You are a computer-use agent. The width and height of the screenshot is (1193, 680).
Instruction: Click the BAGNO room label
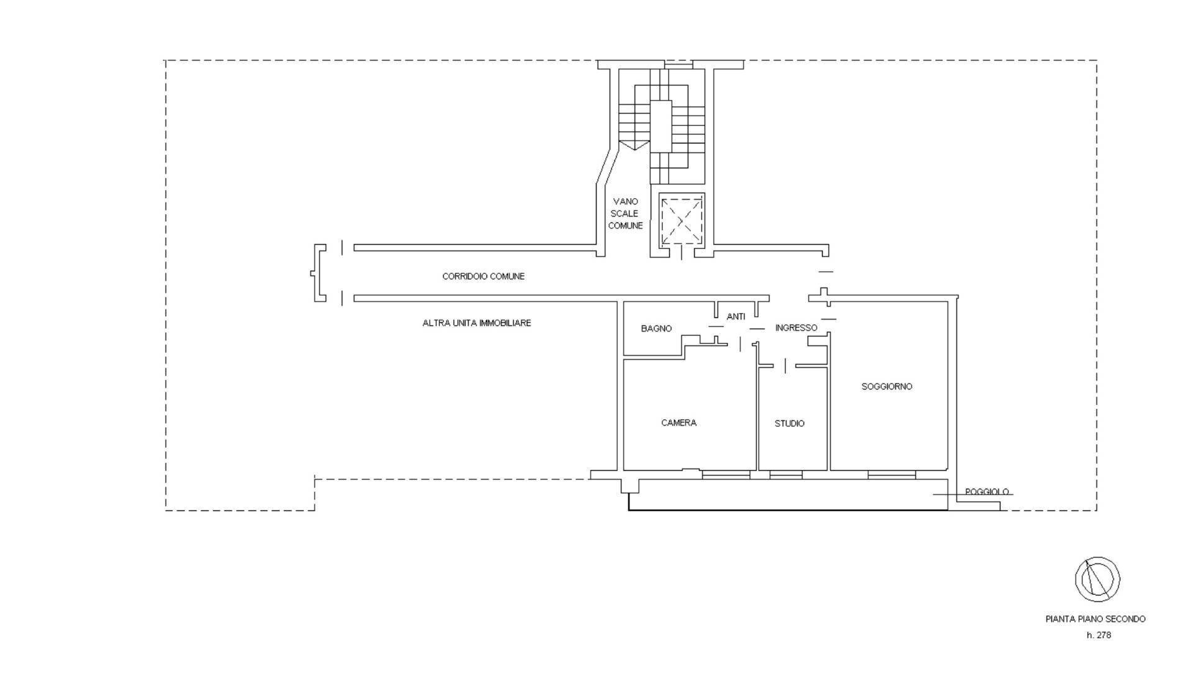pyautogui.click(x=656, y=329)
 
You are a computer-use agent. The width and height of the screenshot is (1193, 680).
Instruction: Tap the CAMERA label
pyautogui.click(x=679, y=423)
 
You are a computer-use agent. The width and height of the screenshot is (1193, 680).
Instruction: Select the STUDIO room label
pyautogui.click(x=789, y=424)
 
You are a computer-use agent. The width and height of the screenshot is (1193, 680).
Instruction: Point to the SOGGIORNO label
pyautogui.click(x=887, y=386)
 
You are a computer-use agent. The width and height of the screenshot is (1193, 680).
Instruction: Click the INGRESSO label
pyautogui.click(x=796, y=328)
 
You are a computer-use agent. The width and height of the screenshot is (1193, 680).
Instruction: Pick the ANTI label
pyautogui.click(x=736, y=317)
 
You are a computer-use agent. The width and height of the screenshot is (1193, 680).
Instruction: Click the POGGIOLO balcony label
pyautogui.click(x=987, y=492)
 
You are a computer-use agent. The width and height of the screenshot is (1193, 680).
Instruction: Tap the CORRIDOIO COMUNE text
pyautogui.click(x=483, y=276)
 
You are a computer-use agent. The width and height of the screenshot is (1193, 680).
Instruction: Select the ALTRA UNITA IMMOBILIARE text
pyautogui.click(x=477, y=323)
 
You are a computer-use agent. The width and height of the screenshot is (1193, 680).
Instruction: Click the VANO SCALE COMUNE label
pyautogui.click(x=625, y=214)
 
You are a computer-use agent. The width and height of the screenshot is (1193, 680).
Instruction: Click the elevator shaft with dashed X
pyautogui.click(x=682, y=220)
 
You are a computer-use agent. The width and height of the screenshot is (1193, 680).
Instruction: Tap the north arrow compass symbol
pyautogui.click(x=1097, y=579)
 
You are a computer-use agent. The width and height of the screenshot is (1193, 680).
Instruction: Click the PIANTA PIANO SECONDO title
pyautogui.click(x=1095, y=619)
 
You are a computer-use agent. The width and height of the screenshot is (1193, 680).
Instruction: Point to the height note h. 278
pyautogui.click(x=1099, y=635)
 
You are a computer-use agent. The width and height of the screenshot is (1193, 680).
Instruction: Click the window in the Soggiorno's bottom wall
pyautogui.click(x=892, y=475)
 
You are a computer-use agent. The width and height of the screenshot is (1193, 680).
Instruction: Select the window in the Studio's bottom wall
pyautogui.click(x=786, y=475)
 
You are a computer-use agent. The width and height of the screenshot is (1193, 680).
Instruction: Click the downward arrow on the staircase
pyautogui.click(x=634, y=145)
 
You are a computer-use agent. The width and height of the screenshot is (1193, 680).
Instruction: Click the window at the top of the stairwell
pyautogui.click(x=679, y=64)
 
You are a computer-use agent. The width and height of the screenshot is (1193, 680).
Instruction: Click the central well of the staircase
pyautogui.click(x=661, y=125)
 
